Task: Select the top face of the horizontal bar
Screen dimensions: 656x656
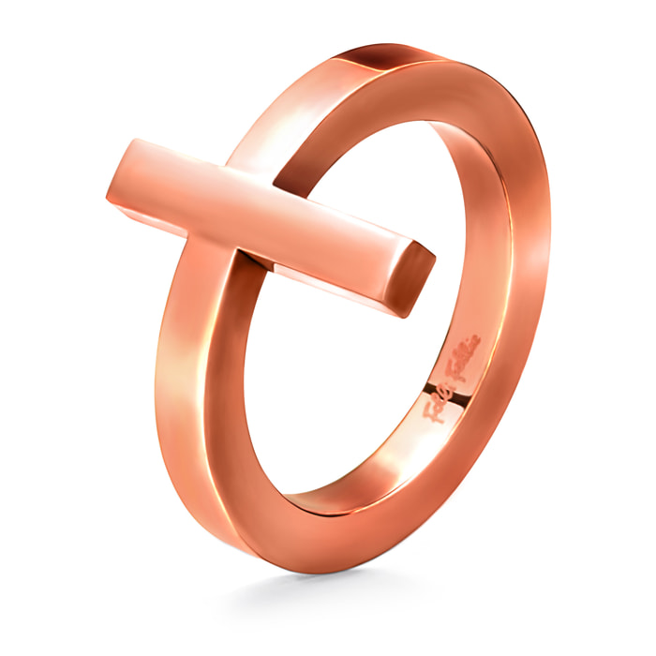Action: pyautogui.click(x=272, y=187)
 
